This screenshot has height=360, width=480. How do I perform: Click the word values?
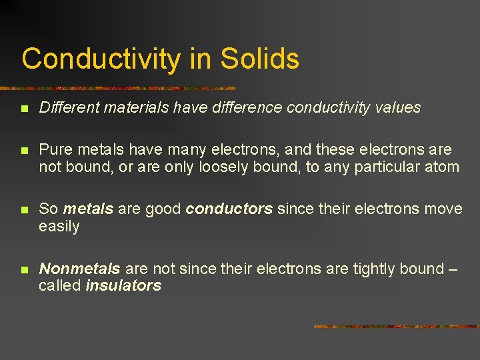398,107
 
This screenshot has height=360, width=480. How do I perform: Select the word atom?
442,167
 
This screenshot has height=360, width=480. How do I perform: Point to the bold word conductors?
229,209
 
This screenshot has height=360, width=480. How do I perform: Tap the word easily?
59,227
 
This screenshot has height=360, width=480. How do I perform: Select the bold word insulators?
123,286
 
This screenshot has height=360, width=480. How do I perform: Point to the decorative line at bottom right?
396,327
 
